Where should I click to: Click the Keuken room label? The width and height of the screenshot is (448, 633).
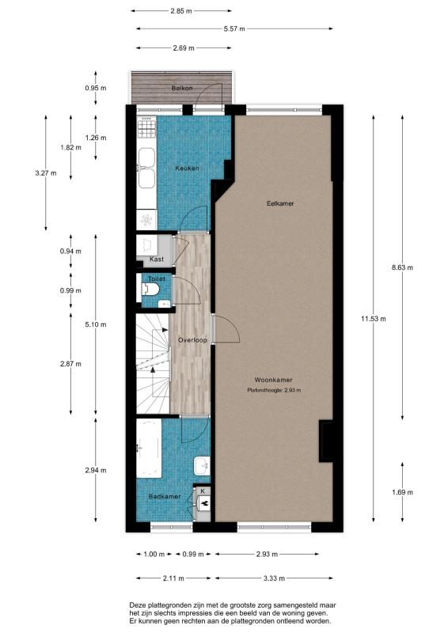click(188, 168)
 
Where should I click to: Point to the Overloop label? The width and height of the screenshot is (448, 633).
click(192, 339)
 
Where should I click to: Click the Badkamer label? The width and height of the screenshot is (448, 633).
click(161, 496)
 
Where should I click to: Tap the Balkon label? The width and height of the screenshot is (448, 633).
click(182, 88)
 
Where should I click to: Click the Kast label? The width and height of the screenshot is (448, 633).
click(156, 259)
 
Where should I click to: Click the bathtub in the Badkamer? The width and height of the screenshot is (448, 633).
click(148, 448)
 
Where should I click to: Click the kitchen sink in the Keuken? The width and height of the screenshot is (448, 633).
click(146, 167)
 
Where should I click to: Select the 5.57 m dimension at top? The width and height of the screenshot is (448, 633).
click(233, 28)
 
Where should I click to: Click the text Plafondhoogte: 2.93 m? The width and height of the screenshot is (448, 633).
click(274, 390)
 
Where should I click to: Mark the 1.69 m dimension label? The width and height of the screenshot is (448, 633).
click(402, 492)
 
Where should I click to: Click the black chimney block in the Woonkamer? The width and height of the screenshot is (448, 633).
click(325, 442)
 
